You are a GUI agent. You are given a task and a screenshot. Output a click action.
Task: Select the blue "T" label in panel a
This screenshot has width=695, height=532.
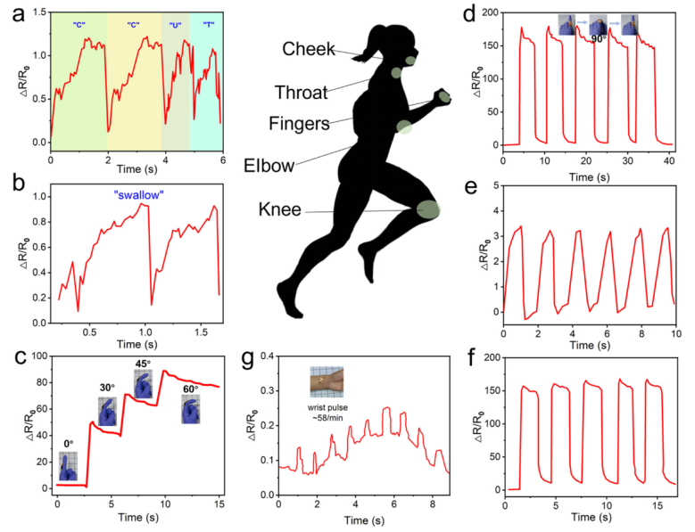[x=208, y=24]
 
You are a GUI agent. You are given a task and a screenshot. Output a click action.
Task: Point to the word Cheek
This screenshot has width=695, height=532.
[x=309, y=51]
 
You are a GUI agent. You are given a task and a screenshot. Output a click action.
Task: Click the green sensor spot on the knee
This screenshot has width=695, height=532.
[x=428, y=209]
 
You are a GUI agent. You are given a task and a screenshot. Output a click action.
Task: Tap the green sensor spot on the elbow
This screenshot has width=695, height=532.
[x=404, y=127]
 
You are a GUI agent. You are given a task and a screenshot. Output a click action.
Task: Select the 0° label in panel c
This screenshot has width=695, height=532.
[x=65, y=442]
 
